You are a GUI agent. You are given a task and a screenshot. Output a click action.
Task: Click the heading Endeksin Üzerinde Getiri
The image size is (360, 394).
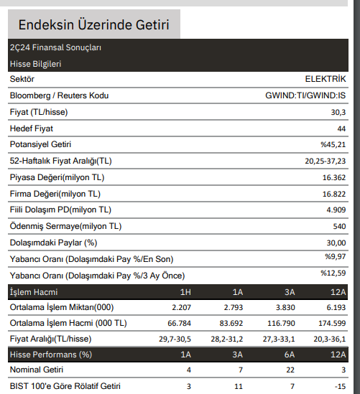[93, 26]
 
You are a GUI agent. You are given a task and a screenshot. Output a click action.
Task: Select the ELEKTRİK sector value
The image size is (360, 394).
[326, 78]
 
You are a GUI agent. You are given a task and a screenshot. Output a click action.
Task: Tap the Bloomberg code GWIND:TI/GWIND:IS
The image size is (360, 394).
[305, 95]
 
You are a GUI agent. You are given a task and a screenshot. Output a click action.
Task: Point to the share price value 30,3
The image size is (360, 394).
[338, 112]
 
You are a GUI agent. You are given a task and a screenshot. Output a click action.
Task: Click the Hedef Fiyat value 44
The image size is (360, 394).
[341, 128]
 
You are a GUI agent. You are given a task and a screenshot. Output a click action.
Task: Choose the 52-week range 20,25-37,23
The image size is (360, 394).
[326, 161]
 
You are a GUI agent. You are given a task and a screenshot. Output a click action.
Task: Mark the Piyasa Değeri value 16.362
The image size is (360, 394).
[334, 177]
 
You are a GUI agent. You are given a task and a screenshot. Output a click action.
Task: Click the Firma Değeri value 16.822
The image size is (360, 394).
[334, 194]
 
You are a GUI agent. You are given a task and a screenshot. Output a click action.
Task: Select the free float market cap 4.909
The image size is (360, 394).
[336, 210]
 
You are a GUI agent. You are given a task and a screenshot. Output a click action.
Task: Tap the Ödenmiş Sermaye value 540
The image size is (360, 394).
[339, 227]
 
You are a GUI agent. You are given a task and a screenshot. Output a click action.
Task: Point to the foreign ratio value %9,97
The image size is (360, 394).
[335, 256]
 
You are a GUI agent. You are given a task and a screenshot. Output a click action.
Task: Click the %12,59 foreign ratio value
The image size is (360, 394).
[333, 273]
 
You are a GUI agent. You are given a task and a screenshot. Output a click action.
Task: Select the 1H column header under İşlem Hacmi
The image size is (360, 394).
[185, 291]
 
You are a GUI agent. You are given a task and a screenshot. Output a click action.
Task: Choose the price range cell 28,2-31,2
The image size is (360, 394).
[226, 339]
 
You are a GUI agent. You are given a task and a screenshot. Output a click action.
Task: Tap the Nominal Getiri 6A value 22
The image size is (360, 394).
[290, 370]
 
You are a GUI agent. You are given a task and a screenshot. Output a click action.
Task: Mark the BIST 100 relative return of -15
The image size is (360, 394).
[341, 386]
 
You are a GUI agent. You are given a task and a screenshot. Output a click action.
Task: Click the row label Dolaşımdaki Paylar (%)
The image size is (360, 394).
[53, 243]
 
